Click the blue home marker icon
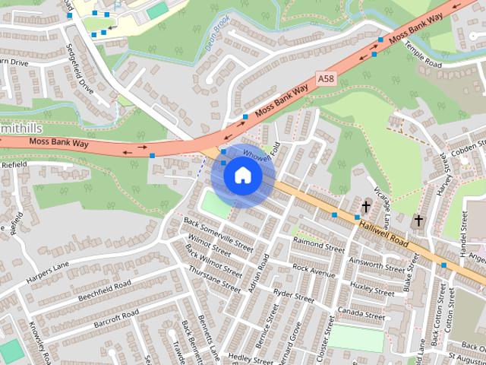coord(241,176)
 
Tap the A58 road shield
coord(325,78)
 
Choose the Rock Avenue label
coord(314,269)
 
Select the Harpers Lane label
coord(47,265)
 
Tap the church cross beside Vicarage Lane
coord(366,206)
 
